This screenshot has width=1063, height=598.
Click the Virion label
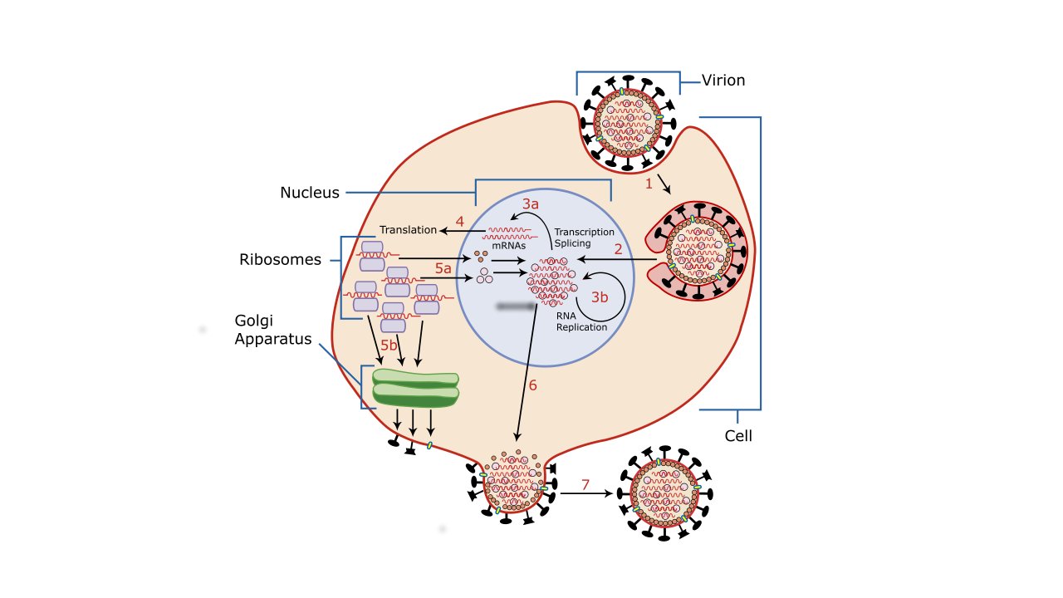pos(723,81)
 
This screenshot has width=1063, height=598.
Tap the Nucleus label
pos(309,193)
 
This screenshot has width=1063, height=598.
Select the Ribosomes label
pos(280,259)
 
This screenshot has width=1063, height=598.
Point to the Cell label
pos(738,435)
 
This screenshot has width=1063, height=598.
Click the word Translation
pos(408,229)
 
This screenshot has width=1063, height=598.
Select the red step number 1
pos(649,184)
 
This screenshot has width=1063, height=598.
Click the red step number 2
pos(618,248)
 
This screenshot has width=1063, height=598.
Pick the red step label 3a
pos(531,203)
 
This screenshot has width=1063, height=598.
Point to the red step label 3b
pos(600,297)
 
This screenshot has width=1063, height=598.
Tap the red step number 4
pos(459,222)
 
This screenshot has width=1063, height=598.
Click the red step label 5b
pos(389,345)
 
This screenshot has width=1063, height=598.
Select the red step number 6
pos(532,385)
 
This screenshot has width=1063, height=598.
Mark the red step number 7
pos(585,483)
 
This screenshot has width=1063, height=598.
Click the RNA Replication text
pos(581,321)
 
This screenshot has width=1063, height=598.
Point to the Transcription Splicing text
pos(584,238)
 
